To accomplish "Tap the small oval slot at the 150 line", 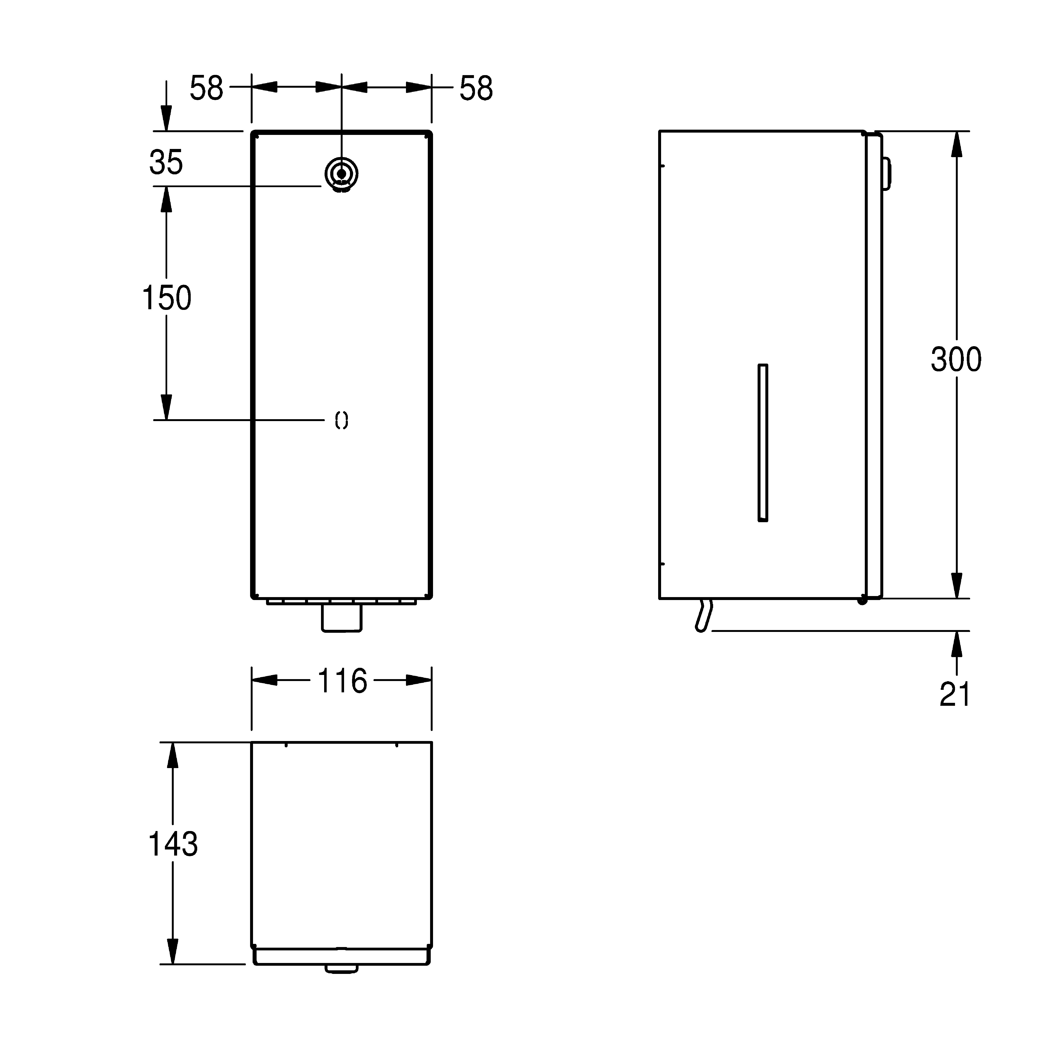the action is point(342,420).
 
